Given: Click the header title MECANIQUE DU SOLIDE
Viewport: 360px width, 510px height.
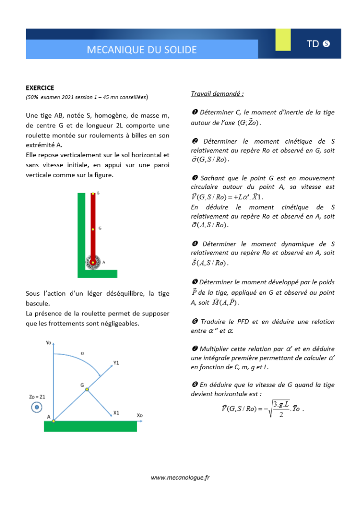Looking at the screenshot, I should pyautogui.click(x=142, y=50).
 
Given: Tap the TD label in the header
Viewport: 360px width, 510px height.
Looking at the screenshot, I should pyautogui.click(x=312, y=44).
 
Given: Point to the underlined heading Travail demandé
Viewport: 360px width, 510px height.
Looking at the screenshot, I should pyautogui.click(x=217, y=93).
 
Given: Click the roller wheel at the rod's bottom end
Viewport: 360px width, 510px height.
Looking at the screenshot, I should pyautogui.click(x=93, y=262).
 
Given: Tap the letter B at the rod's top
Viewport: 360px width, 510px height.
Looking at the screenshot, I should pyautogui.click(x=98, y=193).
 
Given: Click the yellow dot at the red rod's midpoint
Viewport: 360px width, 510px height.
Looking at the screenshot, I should pyautogui.click(x=93, y=229).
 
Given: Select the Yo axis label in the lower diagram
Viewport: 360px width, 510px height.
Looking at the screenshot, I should pyautogui.click(x=49, y=343).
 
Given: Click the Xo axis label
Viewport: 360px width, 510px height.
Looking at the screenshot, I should pyautogui.click(x=140, y=415).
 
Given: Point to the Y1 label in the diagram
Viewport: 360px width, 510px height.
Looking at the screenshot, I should pyautogui.click(x=116, y=363).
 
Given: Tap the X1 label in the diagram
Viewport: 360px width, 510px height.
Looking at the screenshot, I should pyautogui.click(x=116, y=412).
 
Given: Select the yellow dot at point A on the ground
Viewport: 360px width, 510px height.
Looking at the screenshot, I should pyautogui.click(x=53, y=420).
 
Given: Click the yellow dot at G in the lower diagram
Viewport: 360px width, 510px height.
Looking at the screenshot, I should pyautogui.click(x=87, y=390).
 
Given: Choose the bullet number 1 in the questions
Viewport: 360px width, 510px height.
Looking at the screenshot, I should pyautogui.click(x=194, y=112).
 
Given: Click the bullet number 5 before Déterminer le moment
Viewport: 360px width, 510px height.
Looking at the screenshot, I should pyautogui.click(x=194, y=282).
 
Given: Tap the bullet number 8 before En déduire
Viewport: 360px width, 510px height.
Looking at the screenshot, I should pyautogui.click(x=194, y=385).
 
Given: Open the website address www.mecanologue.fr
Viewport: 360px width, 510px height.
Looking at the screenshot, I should pyautogui.click(x=180, y=477).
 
